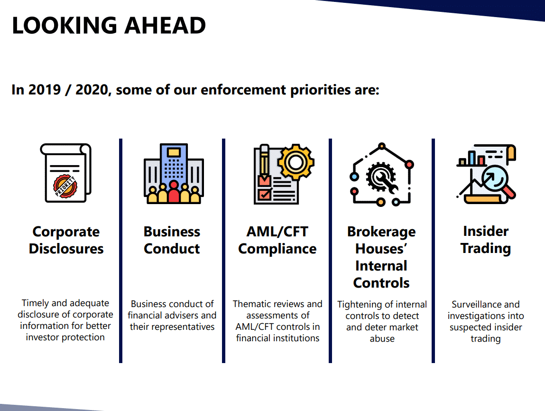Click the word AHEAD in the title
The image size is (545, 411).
click(165, 25)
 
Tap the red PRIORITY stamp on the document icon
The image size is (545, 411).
click(65, 187)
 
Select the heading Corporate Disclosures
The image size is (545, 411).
click(66, 240)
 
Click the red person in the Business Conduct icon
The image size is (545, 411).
click(174, 193)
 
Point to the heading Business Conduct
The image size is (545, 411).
click(172, 240)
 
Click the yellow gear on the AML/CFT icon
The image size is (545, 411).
click(296, 162)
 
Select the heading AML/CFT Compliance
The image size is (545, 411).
click(277, 240)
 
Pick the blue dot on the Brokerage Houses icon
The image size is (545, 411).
click(354, 177)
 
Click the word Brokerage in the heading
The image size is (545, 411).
click(381, 232)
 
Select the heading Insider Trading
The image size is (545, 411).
click(486, 240)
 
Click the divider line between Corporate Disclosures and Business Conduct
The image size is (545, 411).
click(120, 251)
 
